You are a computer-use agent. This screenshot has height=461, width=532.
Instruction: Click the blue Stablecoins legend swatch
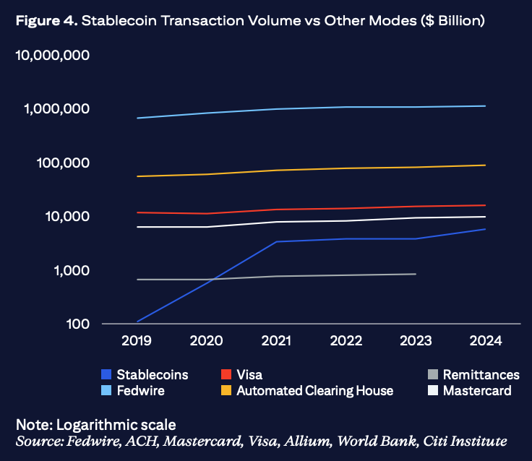click(106, 375)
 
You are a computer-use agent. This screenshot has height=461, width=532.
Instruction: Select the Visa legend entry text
click(249, 375)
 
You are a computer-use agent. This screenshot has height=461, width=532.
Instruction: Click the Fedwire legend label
click(140, 391)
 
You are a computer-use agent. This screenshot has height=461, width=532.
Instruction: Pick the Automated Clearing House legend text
click(315, 391)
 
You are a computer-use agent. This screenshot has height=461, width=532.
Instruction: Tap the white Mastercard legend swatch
click(433, 391)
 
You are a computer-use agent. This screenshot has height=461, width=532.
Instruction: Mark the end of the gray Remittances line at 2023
click(416, 274)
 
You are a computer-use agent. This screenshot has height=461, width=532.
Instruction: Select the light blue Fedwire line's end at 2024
click(485, 106)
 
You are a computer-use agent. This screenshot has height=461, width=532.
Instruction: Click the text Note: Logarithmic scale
click(95, 424)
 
